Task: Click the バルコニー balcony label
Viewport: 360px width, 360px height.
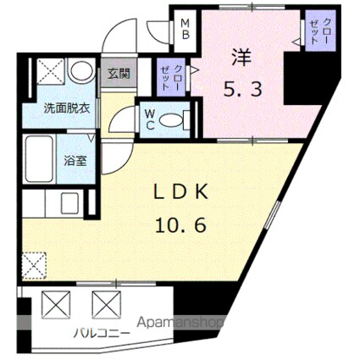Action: [x=101, y=331]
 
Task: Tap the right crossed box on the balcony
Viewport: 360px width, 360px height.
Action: [x=108, y=301]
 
